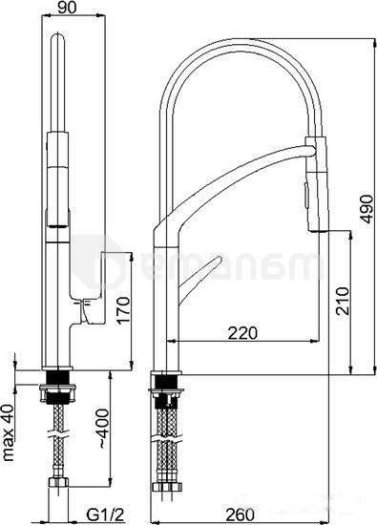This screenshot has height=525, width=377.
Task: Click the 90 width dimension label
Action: pyautogui.click(x=67, y=8)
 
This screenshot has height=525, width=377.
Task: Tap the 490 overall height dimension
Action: pyautogui.click(x=367, y=209)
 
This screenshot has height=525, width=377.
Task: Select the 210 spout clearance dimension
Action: pyautogui.click(x=343, y=301)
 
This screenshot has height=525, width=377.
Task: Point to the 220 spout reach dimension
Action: pyautogui.click(x=242, y=333)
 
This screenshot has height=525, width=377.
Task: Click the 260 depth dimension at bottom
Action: pyautogui.click(x=239, y=514)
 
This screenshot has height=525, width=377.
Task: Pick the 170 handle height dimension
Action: pyautogui.click(x=123, y=309)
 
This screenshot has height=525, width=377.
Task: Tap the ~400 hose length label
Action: pyautogui.click(x=103, y=429)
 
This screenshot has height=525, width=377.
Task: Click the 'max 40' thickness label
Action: pyautogui.click(x=8, y=433)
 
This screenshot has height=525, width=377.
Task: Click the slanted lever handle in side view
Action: pyautogui.click(x=199, y=281)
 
